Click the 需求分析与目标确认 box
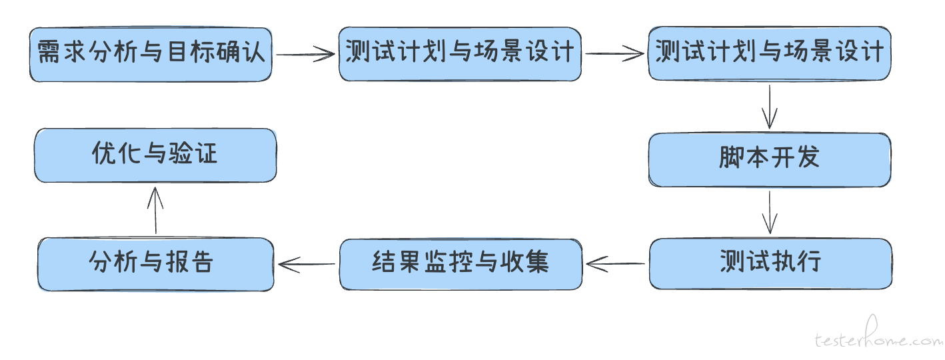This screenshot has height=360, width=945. pos(151,55)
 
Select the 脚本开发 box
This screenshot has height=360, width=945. pos(770,159)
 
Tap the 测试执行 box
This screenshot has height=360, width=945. pos(771,263)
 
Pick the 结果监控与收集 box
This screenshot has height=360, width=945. pos(461,264)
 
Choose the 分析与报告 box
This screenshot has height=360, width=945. pos(156,264)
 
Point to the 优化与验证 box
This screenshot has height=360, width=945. pos(155,155)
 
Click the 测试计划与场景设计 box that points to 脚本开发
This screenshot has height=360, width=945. pos(770,53)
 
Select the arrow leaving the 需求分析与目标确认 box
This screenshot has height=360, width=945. pos(305,54)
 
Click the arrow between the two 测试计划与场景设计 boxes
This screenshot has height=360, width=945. pos(614,53)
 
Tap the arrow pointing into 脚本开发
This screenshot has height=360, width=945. pos(770,107)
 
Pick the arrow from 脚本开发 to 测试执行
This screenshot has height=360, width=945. pos(770,212)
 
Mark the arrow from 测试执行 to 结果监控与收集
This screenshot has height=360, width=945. pos(616,264)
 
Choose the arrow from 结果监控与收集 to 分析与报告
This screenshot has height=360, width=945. pos(307,264)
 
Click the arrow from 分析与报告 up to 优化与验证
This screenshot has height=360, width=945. pos(155,210)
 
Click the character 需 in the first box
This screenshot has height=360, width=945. pos(49,52)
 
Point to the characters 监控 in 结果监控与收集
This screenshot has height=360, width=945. pos(449,261)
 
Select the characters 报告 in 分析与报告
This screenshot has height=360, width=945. pos(189,261)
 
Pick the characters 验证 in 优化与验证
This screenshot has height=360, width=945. pos(193,153)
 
